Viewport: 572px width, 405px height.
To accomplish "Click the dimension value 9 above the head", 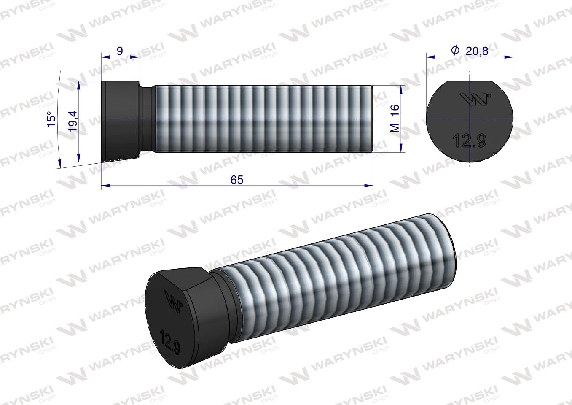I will [x=120, y=51].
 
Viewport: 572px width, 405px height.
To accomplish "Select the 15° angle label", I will [x=51, y=119].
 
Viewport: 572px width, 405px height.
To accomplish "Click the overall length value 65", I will [x=237, y=179].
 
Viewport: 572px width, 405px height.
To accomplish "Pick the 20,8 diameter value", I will [x=477, y=51].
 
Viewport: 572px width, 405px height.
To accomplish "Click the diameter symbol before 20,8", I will [x=455, y=51].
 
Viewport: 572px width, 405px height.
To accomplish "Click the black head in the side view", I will [x=120, y=120].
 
